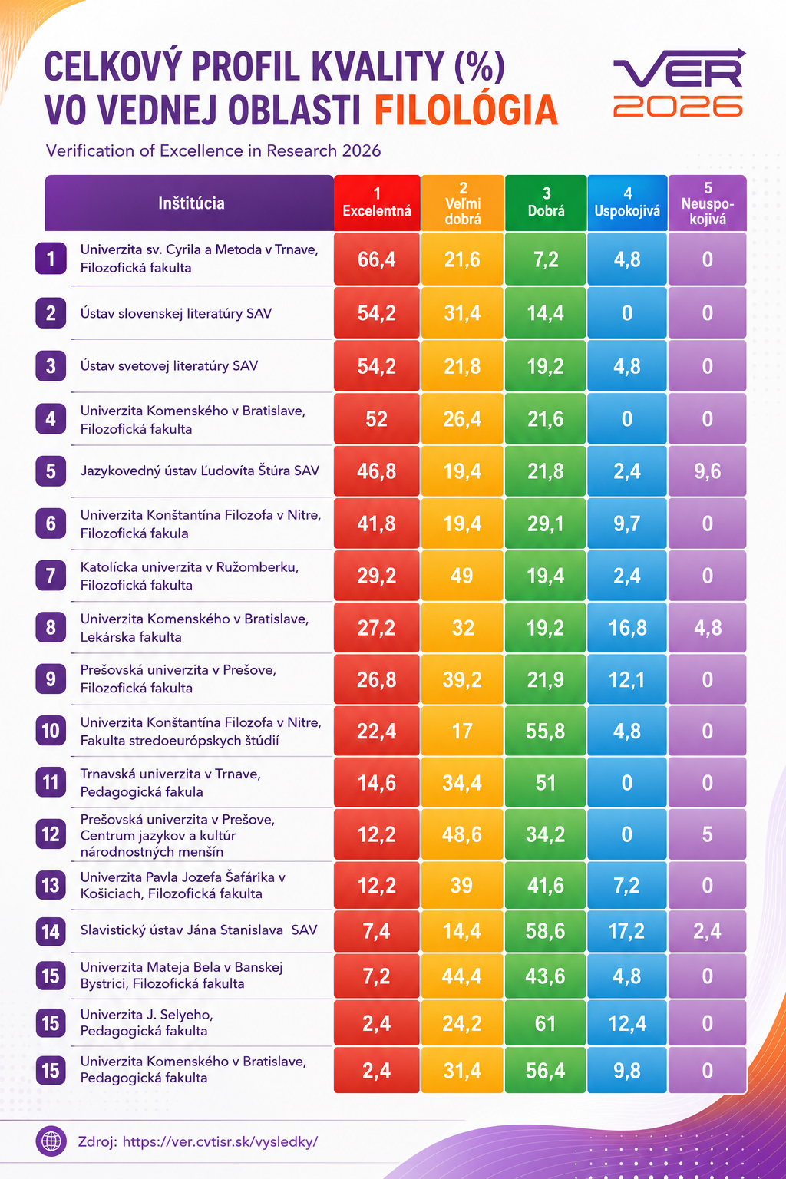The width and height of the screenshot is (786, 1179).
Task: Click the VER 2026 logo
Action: pos(679,83)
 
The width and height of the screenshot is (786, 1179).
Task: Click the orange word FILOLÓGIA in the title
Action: pos(466,110)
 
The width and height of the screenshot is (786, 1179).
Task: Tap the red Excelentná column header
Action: pos(377,203)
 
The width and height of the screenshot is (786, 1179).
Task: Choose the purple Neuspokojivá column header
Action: pos(708,203)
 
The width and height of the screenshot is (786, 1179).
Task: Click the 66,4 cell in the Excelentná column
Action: pos(377,259)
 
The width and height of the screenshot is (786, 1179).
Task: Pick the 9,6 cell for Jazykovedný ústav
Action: pos(708,471)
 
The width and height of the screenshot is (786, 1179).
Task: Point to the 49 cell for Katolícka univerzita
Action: pos(462,576)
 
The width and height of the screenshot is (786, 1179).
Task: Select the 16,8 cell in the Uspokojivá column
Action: pos(627,627)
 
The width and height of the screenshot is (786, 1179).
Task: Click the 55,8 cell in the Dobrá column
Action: pos(546,731)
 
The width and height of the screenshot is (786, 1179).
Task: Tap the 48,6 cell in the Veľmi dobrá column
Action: pos(462,834)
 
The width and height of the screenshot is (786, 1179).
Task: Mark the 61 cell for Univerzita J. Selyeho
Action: pos(546,1023)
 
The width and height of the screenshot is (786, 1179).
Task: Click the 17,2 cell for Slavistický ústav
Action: pos(627,931)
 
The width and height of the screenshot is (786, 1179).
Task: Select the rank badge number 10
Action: pos(51,731)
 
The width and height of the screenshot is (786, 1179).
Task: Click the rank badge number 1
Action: pos(51,259)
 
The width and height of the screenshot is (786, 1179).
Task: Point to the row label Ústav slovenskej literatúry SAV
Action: pos(176,314)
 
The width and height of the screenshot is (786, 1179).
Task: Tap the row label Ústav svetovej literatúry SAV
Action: pos(169,366)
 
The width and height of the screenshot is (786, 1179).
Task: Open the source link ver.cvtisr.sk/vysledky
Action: pos(220,1141)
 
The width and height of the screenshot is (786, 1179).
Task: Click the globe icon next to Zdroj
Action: pos(51,1141)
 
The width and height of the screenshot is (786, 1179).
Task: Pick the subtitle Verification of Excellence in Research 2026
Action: pos(213,151)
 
